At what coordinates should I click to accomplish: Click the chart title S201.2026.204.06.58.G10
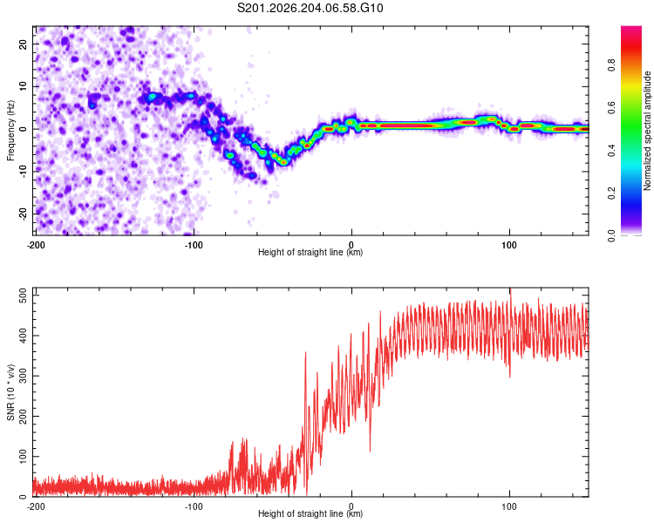tap(310, 8)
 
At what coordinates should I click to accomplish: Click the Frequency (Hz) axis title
tap(10, 131)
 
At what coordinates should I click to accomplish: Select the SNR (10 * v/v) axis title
tap(10, 392)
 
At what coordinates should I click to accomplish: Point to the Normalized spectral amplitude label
tap(647, 131)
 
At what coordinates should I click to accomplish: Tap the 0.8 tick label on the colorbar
tap(611, 65)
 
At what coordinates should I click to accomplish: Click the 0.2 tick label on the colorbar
tap(611, 194)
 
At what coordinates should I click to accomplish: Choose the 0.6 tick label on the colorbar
tap(611, 107)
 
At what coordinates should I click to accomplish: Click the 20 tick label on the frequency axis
tap(23, 44)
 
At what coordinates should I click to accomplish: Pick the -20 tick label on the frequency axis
tap(23, 214)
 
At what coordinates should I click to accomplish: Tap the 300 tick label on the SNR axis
tap(23, 377)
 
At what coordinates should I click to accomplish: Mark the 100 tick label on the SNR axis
tap(23, 457)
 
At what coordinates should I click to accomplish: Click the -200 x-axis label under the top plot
tap(36, 245)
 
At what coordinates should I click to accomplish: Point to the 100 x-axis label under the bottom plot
tap(509, 506)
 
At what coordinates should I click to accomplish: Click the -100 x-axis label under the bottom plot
tap(194, 506)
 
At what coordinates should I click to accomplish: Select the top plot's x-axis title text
tap(310, 252)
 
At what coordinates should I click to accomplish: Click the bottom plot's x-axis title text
tap(310, 513)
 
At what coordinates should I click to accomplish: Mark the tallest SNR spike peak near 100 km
tap(510, 289)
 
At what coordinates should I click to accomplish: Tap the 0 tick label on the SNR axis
tap(23, 497)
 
